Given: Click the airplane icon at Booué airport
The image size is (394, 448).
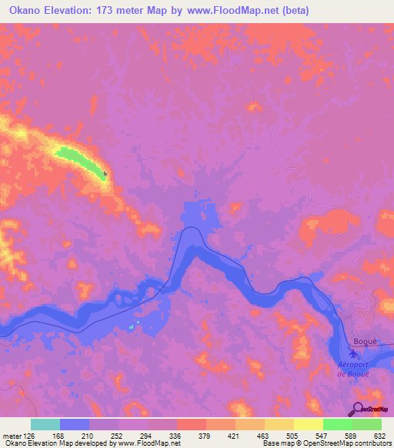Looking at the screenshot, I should [353, 354].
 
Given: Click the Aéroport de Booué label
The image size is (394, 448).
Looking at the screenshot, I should [354, 369].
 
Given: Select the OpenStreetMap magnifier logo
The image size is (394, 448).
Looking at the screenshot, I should [359, 410].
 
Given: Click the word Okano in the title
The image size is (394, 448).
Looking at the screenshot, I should [21, 10].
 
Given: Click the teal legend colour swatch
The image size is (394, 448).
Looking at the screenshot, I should [45, 424].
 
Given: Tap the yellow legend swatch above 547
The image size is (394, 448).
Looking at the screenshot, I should [309, 424].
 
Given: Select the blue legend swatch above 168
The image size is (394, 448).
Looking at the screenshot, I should [75, 424].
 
